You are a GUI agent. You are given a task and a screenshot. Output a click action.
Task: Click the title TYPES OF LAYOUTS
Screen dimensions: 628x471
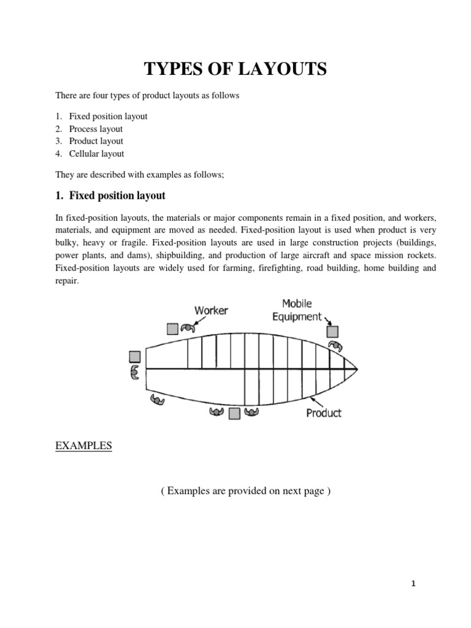click(x=235, y=70)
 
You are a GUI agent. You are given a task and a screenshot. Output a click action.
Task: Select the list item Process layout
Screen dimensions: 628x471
click(x=96, y=129)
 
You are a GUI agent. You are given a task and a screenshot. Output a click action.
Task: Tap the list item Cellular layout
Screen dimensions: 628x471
click(x=96, y=154)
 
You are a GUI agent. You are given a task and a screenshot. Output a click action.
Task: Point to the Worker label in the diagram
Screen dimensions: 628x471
click(x=211, y=310)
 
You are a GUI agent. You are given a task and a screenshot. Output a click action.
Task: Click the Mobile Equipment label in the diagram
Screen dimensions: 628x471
click(x=297, y=310)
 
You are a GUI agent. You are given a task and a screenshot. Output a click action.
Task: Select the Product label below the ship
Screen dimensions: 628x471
click(x=323, y=413)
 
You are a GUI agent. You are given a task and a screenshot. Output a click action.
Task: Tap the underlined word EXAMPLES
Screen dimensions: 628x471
click(x=83, y=446)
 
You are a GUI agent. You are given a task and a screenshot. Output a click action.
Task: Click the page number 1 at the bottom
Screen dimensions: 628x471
click(x=413, y=584)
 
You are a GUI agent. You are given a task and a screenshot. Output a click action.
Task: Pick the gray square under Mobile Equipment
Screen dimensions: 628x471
click(x=332, y=332)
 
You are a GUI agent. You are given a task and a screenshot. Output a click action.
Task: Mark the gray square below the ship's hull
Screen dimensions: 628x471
click(x=234, y=414)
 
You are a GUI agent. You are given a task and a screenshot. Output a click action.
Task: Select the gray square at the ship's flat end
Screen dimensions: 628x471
click(x=135, y=356)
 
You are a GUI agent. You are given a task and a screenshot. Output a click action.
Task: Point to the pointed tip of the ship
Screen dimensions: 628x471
click(x=356, y=369)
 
